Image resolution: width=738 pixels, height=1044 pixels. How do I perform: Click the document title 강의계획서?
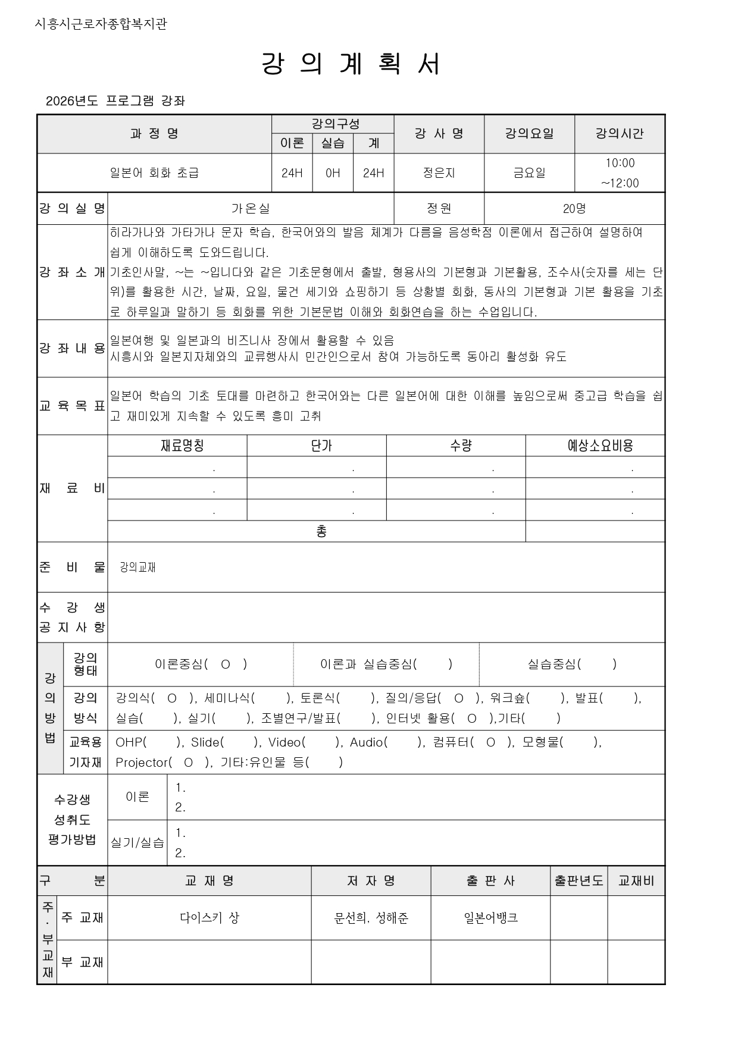(351, 64)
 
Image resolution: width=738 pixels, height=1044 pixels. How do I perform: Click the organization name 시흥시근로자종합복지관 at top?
(101, 24)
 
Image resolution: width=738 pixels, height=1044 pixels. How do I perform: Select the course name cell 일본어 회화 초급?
(154, 173)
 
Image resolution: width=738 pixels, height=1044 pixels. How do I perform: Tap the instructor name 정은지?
(439, 173)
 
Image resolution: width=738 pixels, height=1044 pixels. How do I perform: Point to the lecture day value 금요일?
(529, 173)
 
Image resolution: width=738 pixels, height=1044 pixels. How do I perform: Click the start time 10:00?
(620, 163)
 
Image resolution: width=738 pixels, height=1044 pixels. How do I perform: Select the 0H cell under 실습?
(333, 173)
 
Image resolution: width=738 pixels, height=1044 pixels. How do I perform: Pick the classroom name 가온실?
(251, 209)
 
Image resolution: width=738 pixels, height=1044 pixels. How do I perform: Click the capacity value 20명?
(574, 209)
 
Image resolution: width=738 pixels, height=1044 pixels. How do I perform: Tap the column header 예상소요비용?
(600, 446)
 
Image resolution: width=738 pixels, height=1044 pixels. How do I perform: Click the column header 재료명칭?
(182, 446)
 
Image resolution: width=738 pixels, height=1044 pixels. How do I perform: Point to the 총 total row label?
(321, 531)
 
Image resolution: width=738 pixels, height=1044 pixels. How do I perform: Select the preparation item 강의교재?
(137, 568)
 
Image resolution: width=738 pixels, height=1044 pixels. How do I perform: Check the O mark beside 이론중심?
(225, 664)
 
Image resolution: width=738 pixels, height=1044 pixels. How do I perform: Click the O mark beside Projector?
(188, 763)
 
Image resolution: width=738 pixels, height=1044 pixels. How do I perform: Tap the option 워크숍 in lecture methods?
(510, 698)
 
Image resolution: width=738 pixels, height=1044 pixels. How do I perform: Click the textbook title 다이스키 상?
(209, 918)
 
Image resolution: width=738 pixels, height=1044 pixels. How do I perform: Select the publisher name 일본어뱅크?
(490, 918)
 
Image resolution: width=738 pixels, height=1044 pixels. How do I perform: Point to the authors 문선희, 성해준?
(371, 918)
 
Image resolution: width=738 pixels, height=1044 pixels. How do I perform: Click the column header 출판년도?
(578, 881)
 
